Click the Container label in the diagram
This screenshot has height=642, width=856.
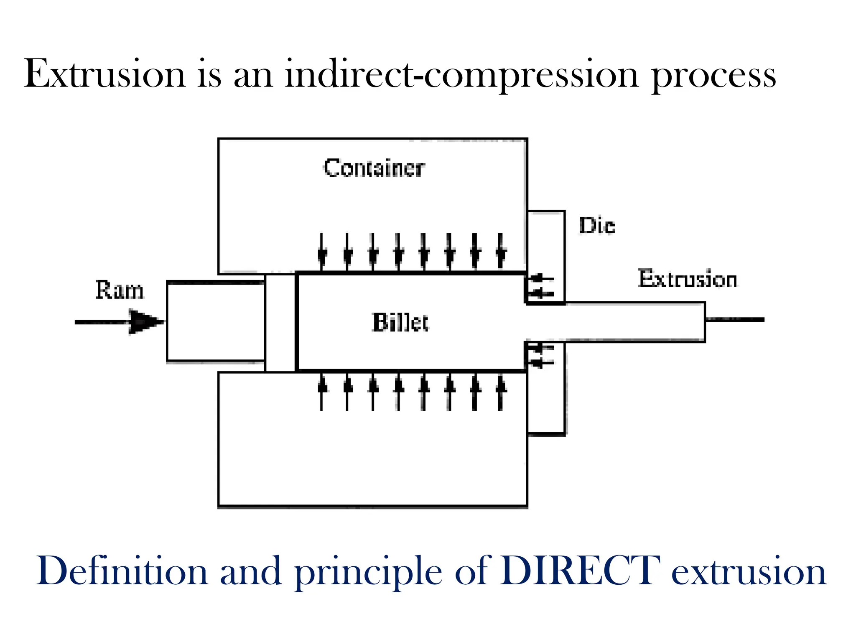pyautogui.click(x=374, y=168)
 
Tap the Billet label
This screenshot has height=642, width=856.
pyautogui.click(x=400, y=323)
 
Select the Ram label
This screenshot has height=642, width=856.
pyautogui.click(x=120, y=290)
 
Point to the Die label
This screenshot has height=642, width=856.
pyautogui.click(x=597, y=226)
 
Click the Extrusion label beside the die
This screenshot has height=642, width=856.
pyautogui.click(x=687, y=279)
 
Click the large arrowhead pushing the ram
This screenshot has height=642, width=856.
pyautogui.click(x=144, y=322)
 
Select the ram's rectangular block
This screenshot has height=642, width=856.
pyautogui.click(x=215, y=321)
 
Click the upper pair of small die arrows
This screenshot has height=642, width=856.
pyautogui.click(x=542, y=286)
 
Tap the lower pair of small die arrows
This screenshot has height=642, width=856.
pyautogui.click(x=542, y=355)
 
